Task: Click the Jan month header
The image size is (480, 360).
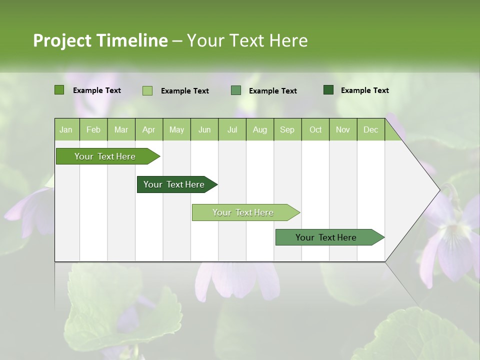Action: (66, 129)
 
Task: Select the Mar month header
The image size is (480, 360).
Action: (121, 129)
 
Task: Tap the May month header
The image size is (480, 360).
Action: (176, 129)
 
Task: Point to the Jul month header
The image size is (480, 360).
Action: (232, 129)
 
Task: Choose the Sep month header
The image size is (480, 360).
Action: (287, 129)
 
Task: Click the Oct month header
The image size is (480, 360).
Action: (315, 129)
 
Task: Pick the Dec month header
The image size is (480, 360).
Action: (370, 129)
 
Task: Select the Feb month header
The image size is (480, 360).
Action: (93, 129)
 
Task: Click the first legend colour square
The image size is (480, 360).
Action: (59, 90)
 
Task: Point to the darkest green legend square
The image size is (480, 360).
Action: (328, 90)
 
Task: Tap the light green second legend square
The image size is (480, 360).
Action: (147, 90)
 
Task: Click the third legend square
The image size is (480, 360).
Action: (236, 90)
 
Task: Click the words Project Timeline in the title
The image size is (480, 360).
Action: (100, 40)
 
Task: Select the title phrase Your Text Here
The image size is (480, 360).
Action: (247, 40)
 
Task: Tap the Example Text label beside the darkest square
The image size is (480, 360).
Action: (364, 90)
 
